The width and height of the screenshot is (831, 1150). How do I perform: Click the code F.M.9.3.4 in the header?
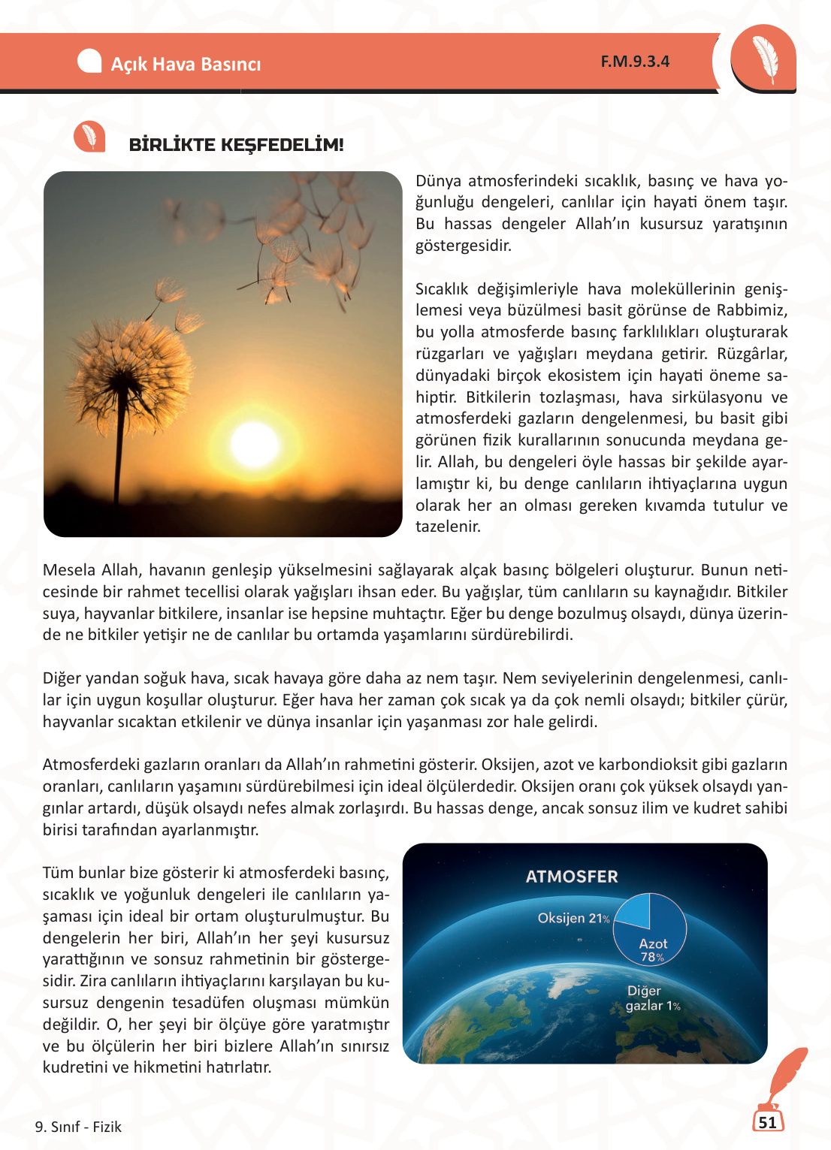pyautogui.click(x=635, y=62)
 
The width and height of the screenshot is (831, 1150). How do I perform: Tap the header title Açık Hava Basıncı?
pyautogui.click(x=186, y=65)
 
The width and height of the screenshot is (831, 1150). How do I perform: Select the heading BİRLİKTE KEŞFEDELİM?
pyautogui.click(x=236, y=145)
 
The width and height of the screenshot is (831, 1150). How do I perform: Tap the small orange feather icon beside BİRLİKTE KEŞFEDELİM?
pyautogui.click(x=89, y=137)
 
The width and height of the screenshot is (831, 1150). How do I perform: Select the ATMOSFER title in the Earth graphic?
pyautogui.click(x=572, y=877)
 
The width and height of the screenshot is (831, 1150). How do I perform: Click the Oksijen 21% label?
pyautogui.click(x=573, y=918)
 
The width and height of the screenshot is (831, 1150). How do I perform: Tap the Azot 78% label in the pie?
pyautogui.click(x=653, y=949)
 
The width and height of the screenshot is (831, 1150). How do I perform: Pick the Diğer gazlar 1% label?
pyautogui.click(x=652, y=998)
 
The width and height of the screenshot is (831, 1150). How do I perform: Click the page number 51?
pyautogui.click(x=767, y=1122)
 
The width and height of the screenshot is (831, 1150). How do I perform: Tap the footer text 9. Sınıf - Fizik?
pyautogui.click(x=78, y=1127)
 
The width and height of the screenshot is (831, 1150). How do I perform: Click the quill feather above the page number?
pyautogui.click(x=785, y=1074)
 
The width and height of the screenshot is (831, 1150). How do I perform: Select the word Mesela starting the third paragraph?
pyautogui.click(x=69, y=570)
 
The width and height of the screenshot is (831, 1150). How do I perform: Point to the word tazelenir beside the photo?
pyautogui.click(x=448, y=527)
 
